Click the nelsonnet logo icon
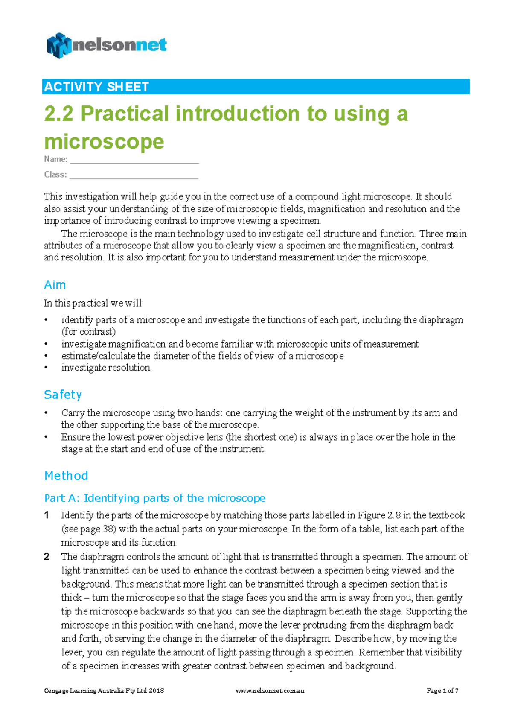(59, 45)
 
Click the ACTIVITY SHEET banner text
(96, 87)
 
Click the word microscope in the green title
(104, 141)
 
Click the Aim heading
(55, 285)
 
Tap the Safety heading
(63, 395)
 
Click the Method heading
(66, 476)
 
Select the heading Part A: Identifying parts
(154, 498)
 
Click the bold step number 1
(47, 515)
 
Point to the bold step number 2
(47, 557)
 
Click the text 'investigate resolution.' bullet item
(106, 368)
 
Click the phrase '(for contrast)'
(88, 332)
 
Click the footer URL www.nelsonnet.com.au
(270, 690)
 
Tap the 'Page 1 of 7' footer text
(442, 690)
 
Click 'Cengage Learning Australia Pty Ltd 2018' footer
(104, 690)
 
